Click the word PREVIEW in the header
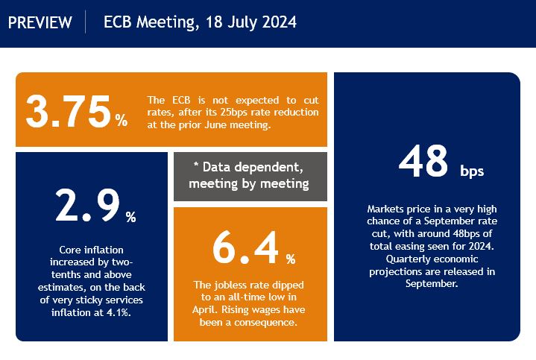[40, 22]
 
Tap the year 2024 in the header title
[279, 22]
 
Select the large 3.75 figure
[68, 112]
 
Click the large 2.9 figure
[87, 205]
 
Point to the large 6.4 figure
[245, 247]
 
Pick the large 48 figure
[423, 161]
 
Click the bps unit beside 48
[472, 171]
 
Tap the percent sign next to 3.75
[122, 120]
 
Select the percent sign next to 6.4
[291, 259]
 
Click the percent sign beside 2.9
[131, 217]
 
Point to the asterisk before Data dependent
[196, 165]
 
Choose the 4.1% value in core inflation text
[119, 312]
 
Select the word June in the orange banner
[215, 124]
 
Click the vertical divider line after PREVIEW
[85, 22]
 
